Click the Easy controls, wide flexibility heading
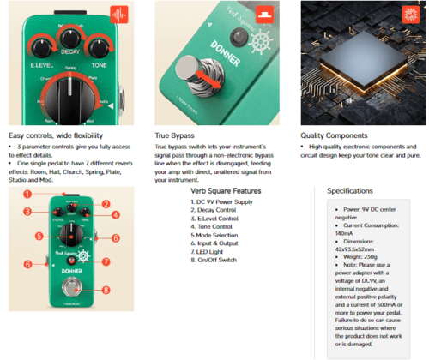[x=56, y=135]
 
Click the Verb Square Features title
[x=226, y=191]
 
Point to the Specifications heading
[x=349, y=191]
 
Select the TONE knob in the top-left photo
[x=100, y=49]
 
